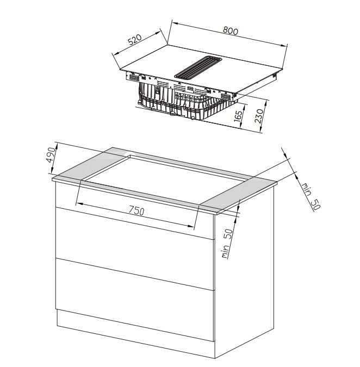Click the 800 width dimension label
[230, 31]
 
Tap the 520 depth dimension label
[135, 39]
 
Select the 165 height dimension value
[238, 116]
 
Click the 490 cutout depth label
[51, 154]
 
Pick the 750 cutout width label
[136, 210]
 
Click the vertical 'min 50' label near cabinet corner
[227, 244]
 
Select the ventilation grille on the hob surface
[198, 67]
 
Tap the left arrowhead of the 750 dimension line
[79, 204]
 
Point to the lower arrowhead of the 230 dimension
[261, 129]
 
